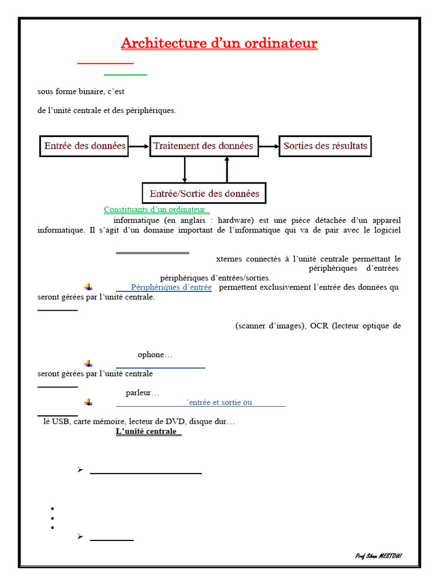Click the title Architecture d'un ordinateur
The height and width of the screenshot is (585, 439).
(219, 43)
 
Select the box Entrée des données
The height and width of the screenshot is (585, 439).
(85, 146)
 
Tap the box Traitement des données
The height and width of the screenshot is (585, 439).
(204, 146)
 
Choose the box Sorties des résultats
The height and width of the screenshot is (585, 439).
(325, 146)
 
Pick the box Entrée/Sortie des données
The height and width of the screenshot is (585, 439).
(204, 193)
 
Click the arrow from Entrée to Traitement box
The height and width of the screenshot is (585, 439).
(138, 146)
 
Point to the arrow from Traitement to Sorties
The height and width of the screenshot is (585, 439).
(269, 146)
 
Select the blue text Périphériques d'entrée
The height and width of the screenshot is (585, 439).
(171, 287)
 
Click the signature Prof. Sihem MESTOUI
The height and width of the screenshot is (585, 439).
(378, 556)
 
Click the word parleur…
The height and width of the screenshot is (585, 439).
(142, 392)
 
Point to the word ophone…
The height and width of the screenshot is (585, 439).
(155, 355)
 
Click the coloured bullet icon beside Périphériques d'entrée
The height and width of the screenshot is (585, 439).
(89, 287)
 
